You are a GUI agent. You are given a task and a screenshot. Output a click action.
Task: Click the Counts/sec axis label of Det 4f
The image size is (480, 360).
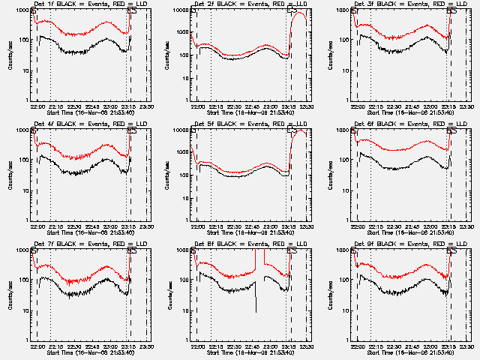(x=10, y=175)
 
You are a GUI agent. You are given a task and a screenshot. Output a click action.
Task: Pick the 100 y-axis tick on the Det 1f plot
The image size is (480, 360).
(x=25, y=39)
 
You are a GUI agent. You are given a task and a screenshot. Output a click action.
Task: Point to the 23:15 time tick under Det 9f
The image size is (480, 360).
(x=449, y=346)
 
